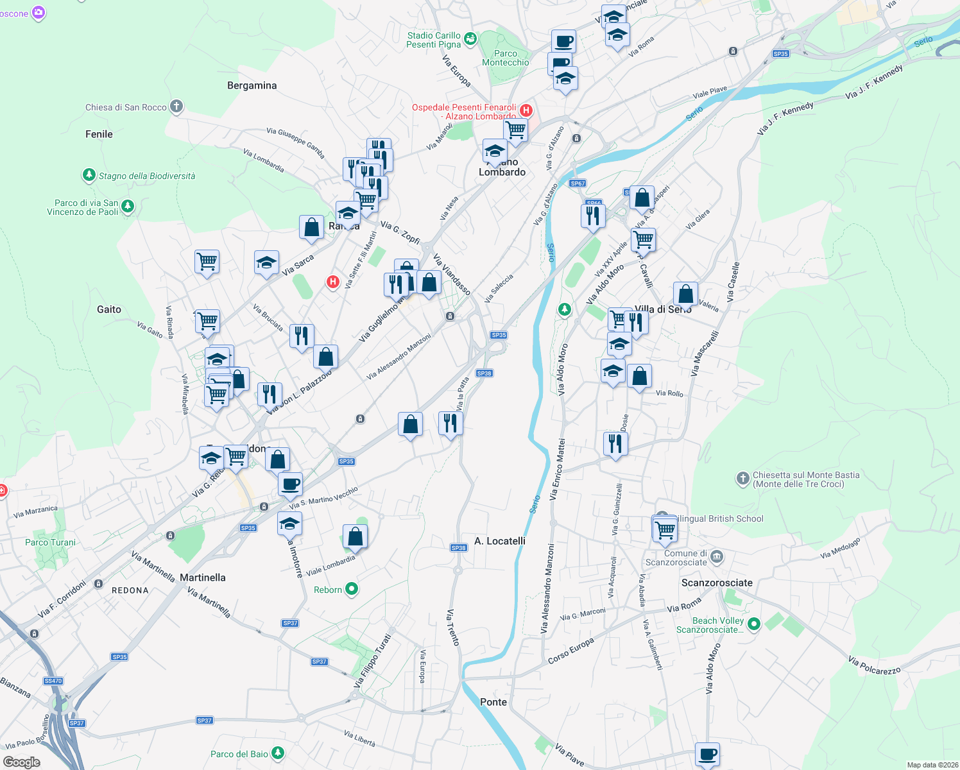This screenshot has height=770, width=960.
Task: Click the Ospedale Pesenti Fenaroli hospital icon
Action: (526, 110)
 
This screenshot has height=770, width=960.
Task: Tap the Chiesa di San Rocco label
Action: (126, 107)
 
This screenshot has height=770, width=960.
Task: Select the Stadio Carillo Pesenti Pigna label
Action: (434, 40)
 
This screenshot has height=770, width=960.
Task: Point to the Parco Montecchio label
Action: (506, 58)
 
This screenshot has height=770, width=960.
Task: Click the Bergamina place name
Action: (252, 85)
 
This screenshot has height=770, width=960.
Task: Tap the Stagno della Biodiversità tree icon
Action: (89, 175)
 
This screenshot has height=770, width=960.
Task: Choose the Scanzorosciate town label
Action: (717, 583)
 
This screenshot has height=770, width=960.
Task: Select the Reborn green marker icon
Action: (351, 589)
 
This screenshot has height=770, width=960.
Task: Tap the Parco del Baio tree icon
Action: (277, 753)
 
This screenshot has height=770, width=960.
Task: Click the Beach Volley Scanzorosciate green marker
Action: (754, 623)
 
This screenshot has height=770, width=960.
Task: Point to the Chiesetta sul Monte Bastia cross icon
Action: (742, 478)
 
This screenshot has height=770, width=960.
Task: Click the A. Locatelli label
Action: (500, 541)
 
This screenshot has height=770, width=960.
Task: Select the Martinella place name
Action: (203, 577)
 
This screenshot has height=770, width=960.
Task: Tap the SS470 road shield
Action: (53, 681)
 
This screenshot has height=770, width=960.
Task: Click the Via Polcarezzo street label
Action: (874, 665)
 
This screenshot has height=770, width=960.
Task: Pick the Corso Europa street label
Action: (570, 651)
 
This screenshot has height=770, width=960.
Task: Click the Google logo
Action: (22, 762)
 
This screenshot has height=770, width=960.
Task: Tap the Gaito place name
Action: (109, 309)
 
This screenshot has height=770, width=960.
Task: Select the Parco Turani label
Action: (50, 542)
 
